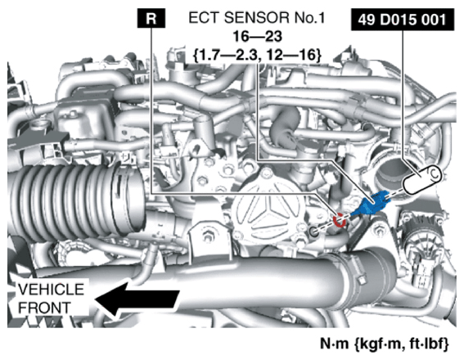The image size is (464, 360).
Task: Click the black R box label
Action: pyautogui.click(x=151, y=18)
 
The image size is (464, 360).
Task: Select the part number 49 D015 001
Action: pyautogui.click(x=402, y=20)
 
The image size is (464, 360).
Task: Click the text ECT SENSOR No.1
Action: pyautogui.click(x=256, y=18)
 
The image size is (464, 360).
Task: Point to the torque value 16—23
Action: pyautogui.click(x=257, y=37)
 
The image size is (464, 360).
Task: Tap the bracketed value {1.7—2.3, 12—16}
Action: pyautogui.click(x=257, y=56)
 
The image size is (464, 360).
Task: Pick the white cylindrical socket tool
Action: pyautogui.click(x=422, y=180)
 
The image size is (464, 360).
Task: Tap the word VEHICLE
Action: pyautogui.click(x=51, y=289)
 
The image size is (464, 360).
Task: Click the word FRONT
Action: pyautogui.click(x=44, y=308)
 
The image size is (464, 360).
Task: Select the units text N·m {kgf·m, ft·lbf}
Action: pyautogui.click(x=385, y=344)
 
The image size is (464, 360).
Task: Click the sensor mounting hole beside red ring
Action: pyautogui.click(x=314, y=230)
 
